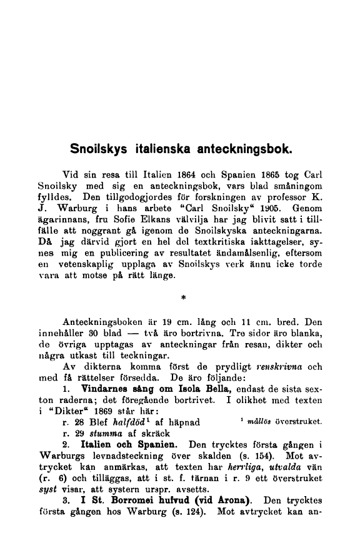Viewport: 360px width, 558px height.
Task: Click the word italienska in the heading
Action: click(x=157, y=150)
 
